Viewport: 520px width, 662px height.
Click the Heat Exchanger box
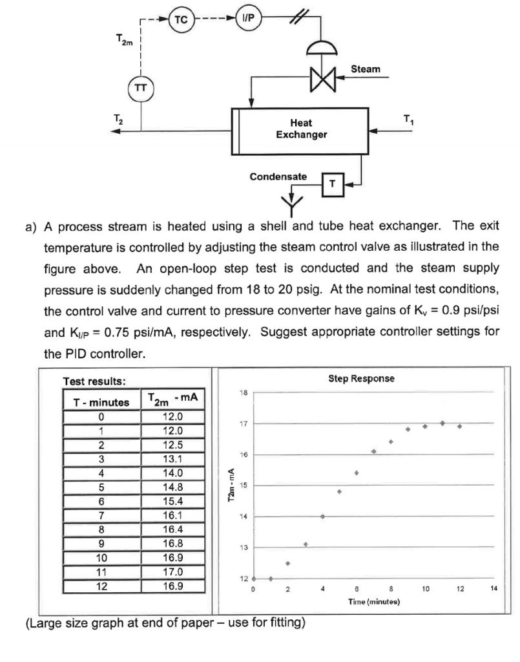pos(300,129)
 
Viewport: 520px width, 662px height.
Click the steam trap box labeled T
pos(332,184)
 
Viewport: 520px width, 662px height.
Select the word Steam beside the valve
pos(366,69)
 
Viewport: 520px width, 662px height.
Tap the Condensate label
pos(278,176)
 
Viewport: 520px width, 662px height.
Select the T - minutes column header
pos(101,402)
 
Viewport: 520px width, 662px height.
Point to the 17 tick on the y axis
pos(245,423)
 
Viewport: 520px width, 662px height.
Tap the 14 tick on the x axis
pos(494,589)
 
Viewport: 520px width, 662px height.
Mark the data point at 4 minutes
pos(322,516)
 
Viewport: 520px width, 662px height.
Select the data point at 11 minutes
pos(442,423)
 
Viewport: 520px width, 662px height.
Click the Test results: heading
pos(89,381)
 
